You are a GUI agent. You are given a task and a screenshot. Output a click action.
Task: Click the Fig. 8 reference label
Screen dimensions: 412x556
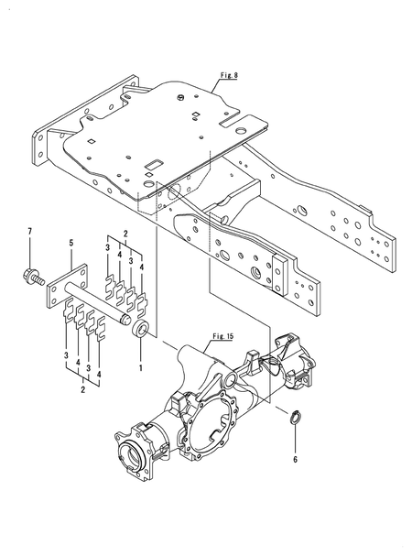(229, 75)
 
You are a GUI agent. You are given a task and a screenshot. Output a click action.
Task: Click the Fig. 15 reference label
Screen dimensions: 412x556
(222, 336)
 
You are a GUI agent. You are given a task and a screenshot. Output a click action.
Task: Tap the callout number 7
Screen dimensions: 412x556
(30, 232)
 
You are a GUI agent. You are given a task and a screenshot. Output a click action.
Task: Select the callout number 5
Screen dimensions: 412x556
(71, 243)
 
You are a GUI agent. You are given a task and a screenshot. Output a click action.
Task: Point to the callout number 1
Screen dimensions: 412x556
(140, 367)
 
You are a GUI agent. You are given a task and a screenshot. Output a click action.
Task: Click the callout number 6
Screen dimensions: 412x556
(295, 460)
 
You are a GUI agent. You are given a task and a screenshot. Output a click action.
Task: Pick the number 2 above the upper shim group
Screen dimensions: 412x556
(125, 234)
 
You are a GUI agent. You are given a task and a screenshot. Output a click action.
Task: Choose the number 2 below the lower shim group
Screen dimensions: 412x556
(83, 389)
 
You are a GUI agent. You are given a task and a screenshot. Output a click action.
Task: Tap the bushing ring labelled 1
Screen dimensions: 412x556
(140, 328)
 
